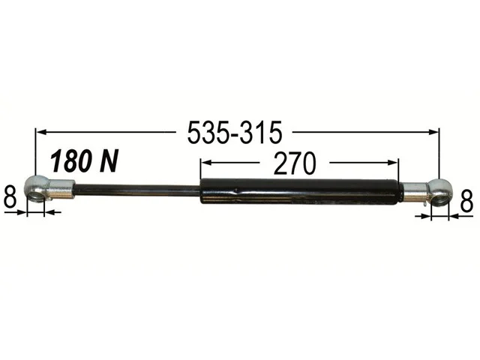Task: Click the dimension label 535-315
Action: coord(234,133)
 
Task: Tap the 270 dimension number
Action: coord(294,163)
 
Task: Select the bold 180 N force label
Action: coord(84,161)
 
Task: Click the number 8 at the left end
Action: coord(10,197)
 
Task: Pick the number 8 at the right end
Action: coord(466,202)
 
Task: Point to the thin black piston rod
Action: coord(136,190)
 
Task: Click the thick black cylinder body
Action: coord(300,192)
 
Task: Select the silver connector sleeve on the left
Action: coord(61,189)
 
